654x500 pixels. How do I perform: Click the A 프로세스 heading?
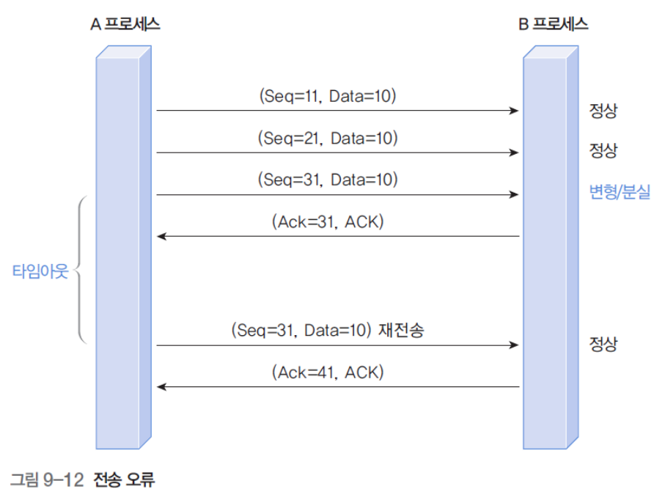pyautogui.click(x=125, y=23)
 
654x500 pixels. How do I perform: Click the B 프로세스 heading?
pyautogui.click(x=554, y=23)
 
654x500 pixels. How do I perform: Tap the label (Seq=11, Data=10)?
pyautogui.click(x=327, y=95)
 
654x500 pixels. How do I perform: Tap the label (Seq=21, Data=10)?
pyautogui.click(x=327, y=138)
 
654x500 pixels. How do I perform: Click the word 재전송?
pyautogui.click(x=402, y=330)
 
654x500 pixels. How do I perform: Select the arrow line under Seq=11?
pyautogui.click(x=337, y=111)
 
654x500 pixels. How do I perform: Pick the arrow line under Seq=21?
pyautogui.click(x=337, y=153)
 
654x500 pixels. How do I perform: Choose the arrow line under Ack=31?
pyautogui.click(x=337, y=237)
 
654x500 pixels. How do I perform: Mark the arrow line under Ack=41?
pyautogui.click(x=337, y=387)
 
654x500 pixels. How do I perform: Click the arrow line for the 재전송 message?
pyautogui.click(x=337, y=345)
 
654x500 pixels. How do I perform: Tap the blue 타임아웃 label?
pyautogui.click(x=40, y=271)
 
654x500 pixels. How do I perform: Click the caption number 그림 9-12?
pyautogui.click(x=48, y=480)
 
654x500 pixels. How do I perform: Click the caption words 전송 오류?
pyautogui.click(x=124, y=480)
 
